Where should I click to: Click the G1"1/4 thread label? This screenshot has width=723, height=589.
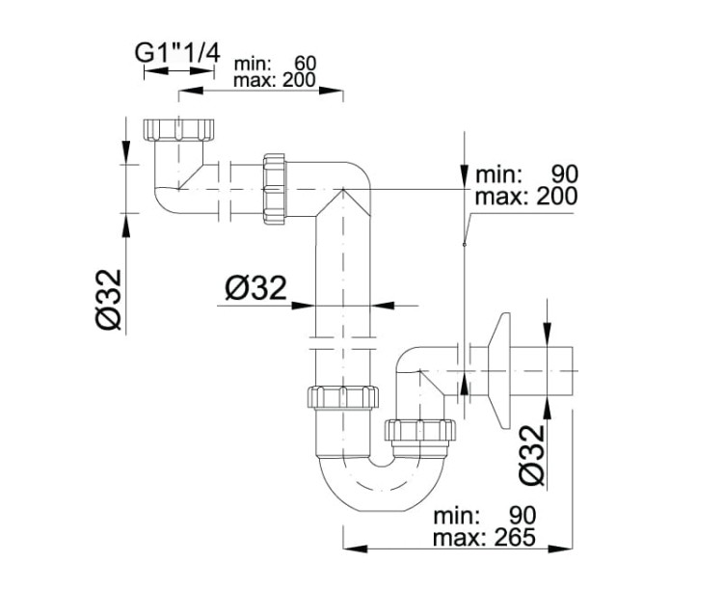tap(175, 53)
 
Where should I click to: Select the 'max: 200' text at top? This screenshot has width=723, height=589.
tap(275, 81)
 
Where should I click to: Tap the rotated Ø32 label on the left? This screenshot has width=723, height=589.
tap(110, 300)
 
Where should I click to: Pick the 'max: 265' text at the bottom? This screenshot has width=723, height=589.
tap(484, 536)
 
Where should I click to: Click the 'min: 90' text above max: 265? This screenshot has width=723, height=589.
tap(484, 516)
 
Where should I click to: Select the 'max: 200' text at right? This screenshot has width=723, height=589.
tap(526, 196)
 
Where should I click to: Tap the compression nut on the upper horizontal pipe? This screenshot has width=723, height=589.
tap(275, 187)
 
